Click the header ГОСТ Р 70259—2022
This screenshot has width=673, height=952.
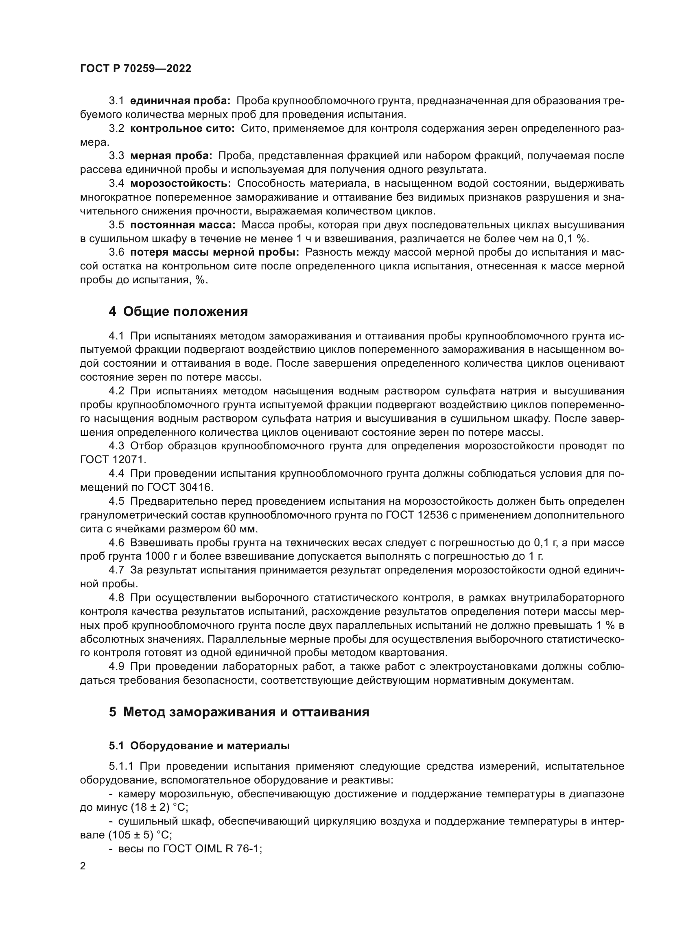(x=135, y=68)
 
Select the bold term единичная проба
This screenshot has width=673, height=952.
(x=180, y=101)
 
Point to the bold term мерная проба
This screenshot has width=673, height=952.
(x=171, y=156)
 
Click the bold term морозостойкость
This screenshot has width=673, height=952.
(x=180, y=183)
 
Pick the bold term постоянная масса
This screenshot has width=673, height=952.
(x=182, y=225)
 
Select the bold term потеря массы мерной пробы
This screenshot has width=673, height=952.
(x=214, y=252)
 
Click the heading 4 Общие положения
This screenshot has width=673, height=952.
(x=178, y=311)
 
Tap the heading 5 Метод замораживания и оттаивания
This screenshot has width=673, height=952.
(x=239, y=712)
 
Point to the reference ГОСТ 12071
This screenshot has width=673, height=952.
(x=113, y=460)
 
